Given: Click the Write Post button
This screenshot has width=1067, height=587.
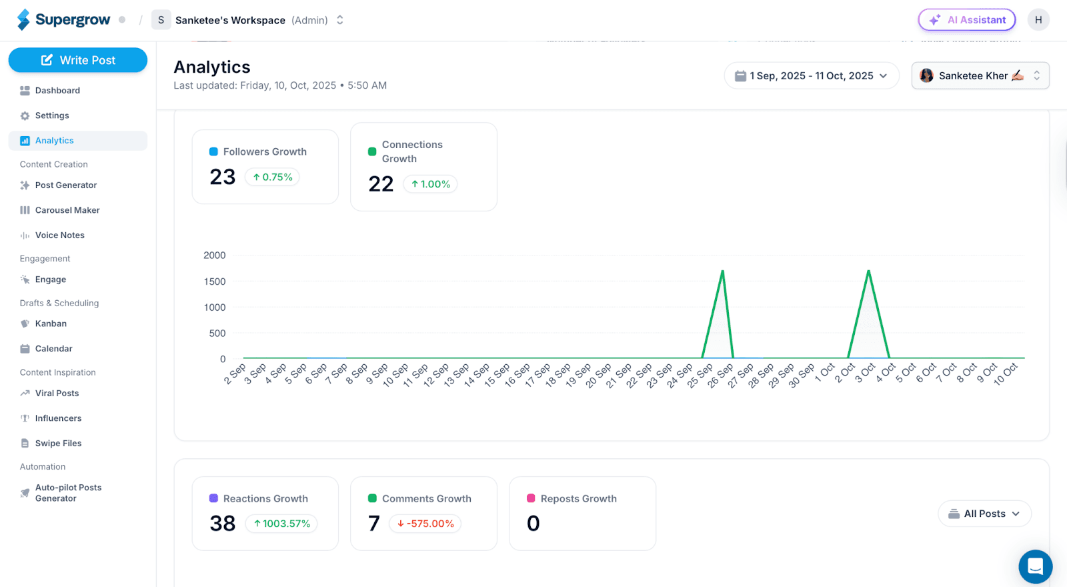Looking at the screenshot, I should (x=78, y=60).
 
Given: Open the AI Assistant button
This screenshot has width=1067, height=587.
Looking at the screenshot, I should (x=966, y=20).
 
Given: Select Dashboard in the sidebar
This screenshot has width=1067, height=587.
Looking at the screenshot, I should (x=57, y=91).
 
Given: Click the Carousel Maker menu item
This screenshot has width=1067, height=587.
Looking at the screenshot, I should (x=67, y=210).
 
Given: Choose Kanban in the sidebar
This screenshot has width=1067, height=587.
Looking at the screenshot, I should (x=51, y=324).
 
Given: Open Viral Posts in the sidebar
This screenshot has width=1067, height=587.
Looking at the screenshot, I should (x=57, y=394).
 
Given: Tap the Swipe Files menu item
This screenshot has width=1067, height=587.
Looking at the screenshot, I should (x=58, y=444).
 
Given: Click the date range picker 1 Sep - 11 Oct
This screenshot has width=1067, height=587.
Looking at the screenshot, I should (x=811, y=76).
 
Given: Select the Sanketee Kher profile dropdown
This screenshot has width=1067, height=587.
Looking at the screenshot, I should (x=980, y=76).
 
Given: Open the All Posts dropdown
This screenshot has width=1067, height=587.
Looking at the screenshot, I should (x=984, y=514).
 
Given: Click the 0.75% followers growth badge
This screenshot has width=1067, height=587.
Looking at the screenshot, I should (x=273, y=177).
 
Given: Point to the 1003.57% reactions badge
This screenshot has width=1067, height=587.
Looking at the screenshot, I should (x=281, y=524).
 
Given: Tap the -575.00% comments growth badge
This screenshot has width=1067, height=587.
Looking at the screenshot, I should (x=425, y=524).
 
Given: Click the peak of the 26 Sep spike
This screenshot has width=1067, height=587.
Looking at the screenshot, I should (x=723, y=271).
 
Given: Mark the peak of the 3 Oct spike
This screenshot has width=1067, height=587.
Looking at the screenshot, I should (x=868, y=271).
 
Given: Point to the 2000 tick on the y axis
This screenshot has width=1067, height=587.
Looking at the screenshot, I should (x=214, y=255).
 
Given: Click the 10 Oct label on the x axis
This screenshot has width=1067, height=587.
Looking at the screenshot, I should (x=1005, y=374).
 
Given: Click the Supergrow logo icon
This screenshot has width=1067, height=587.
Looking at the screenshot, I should (x=24, y=20).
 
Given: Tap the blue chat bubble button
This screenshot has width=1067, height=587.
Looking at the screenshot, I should (x=1035, y=566).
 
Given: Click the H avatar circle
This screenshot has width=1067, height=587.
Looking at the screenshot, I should (x=1038, y=20).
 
